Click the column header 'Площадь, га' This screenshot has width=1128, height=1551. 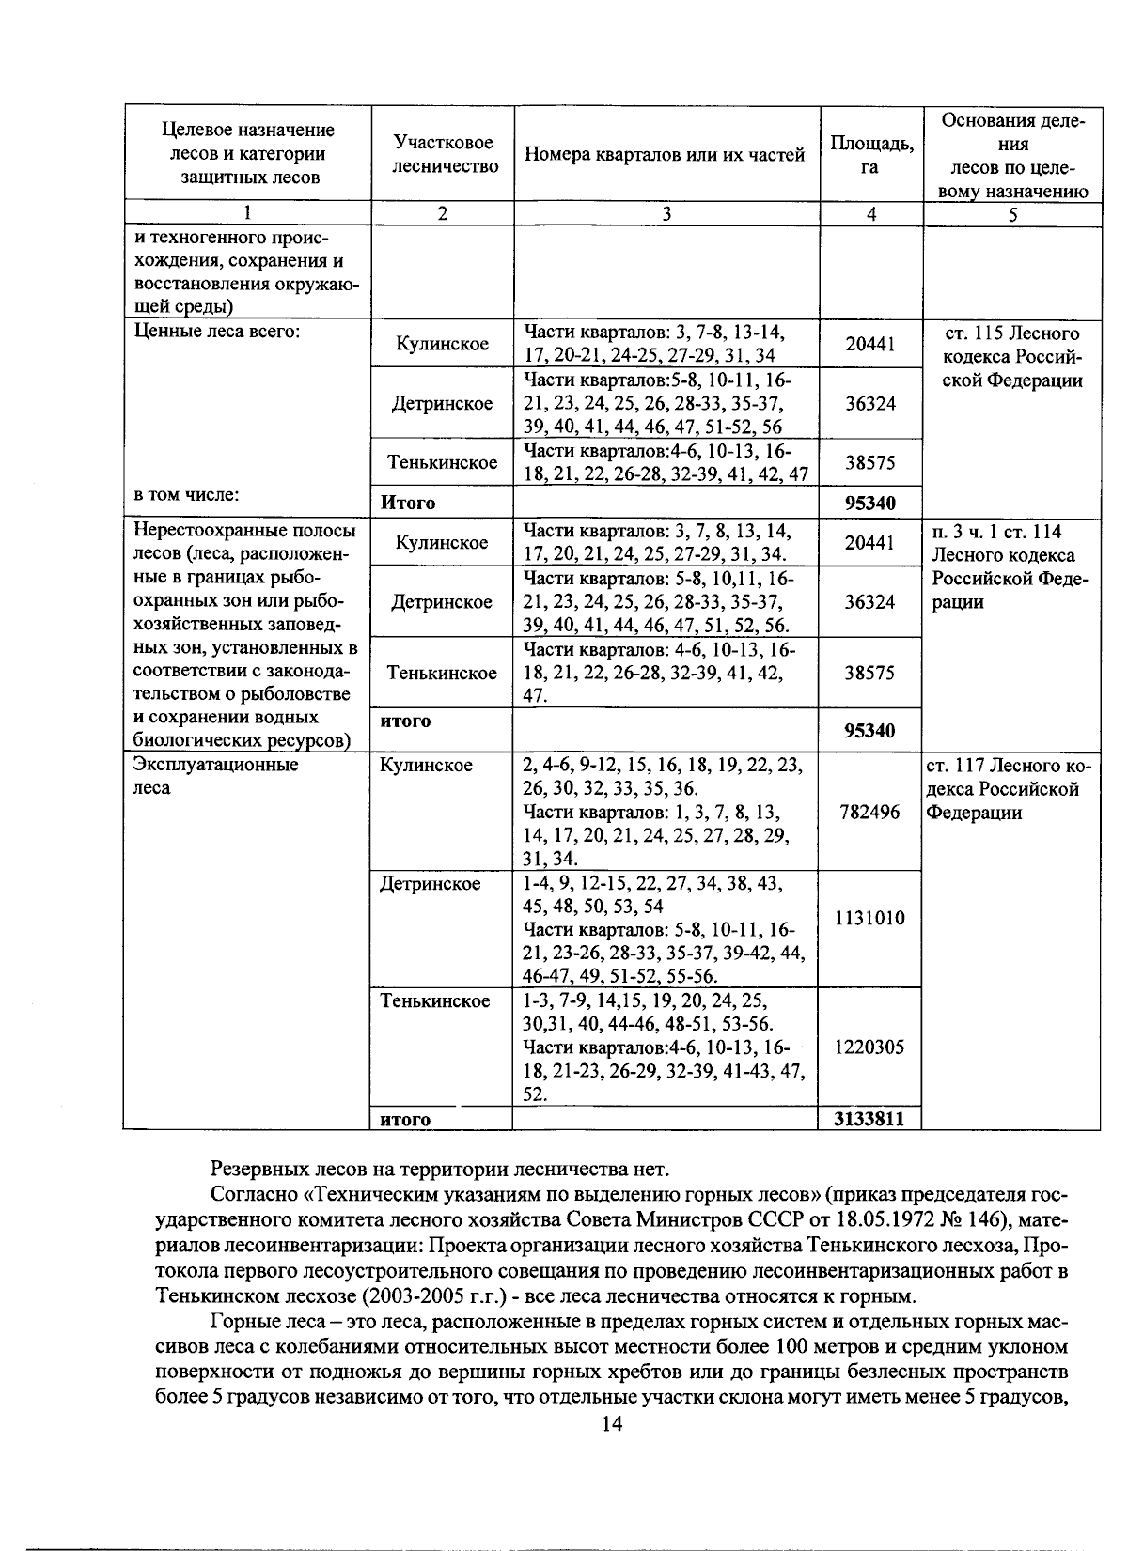pos(870,155)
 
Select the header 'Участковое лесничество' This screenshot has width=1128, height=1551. pos(444,154)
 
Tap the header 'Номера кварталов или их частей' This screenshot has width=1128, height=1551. pos(664,155)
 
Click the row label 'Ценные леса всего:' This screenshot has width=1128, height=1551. pos(217,333)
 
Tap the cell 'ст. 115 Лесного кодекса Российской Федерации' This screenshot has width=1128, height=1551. pos(1011,357)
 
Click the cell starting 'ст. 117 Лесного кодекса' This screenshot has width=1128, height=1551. pos(1010,789)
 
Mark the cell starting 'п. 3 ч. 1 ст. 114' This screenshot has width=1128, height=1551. pos(1010,566)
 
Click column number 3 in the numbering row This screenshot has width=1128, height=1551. pos(666,214)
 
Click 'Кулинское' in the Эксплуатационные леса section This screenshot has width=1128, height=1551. pos(426,765)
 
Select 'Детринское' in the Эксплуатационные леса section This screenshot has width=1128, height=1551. pos(430,883)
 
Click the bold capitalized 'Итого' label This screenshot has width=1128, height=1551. pos(407,503)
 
